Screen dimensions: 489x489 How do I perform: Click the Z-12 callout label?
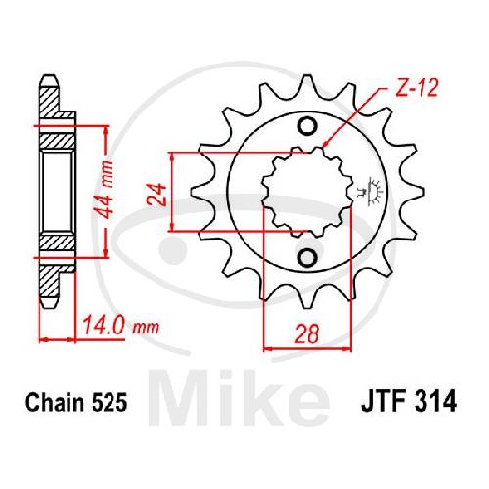(417, 88)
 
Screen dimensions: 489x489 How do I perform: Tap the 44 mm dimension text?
(106, 190)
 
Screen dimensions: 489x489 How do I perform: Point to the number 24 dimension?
(157, 195)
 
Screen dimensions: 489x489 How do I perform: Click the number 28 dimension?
(306, 333)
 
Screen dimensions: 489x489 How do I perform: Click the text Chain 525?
(76, 403)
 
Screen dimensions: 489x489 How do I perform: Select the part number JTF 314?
(409, 402)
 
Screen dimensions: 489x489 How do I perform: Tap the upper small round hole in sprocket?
(307, 126)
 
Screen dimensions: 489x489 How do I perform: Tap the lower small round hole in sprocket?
(307, 258)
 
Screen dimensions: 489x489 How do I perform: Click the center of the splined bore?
(307, 193)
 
